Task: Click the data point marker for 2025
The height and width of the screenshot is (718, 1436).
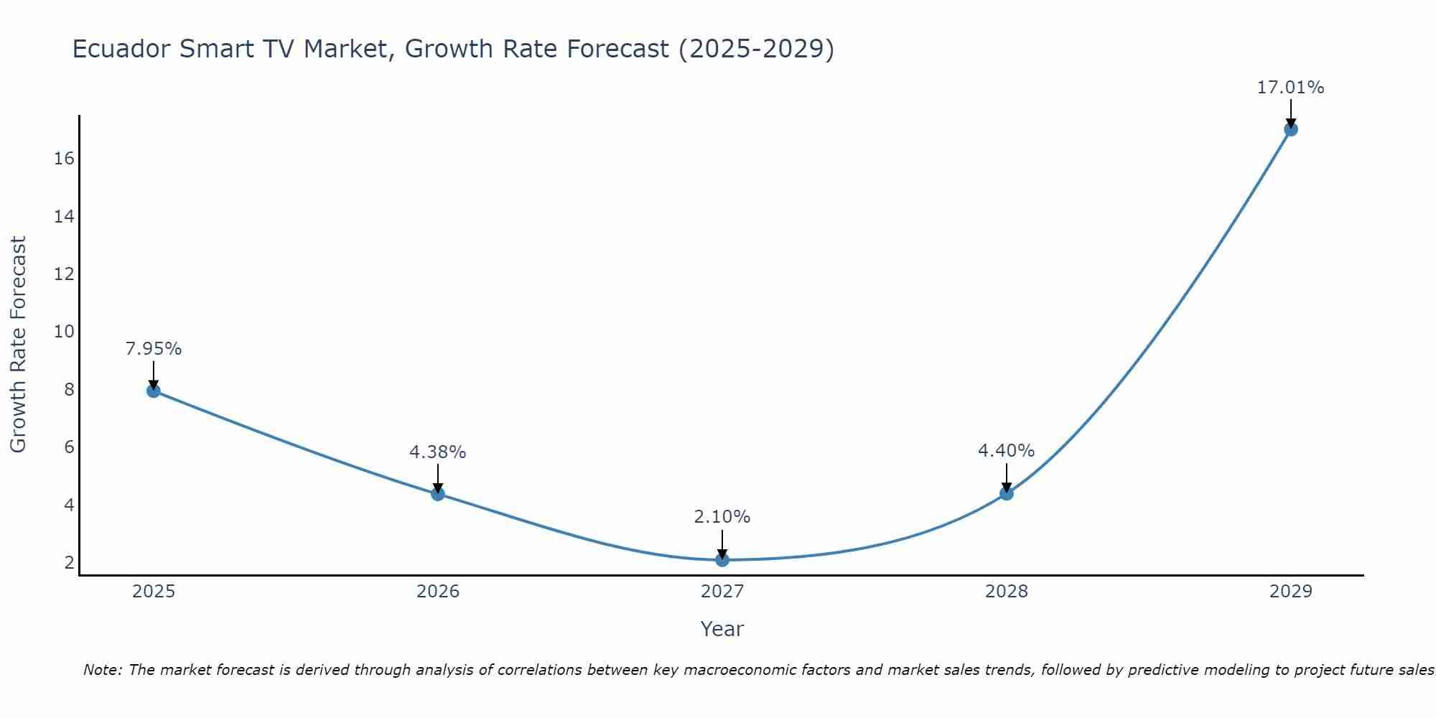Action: [x=153, y=391]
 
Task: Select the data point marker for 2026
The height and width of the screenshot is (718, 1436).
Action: [x=437, y=493]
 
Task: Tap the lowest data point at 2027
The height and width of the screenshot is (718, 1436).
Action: [x=722, y=559]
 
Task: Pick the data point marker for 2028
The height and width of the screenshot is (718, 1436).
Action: [x=1006, y=493]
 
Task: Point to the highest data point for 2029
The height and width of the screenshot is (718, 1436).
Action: [x=1290, y=129]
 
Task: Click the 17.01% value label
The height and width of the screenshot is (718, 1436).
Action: [x=1290, y=88]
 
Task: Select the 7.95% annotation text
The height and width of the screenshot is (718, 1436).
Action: [x=153, y=349]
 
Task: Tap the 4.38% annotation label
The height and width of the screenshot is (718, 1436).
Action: [x=437, y=452]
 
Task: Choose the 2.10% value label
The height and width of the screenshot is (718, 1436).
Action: [x=722, y=517]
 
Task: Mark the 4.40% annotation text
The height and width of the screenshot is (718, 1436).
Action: [x=1006, y=451]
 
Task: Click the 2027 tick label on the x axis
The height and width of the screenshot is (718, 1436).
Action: [x=722, y=592]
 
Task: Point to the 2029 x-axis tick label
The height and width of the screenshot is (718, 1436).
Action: [x=1290, y=592]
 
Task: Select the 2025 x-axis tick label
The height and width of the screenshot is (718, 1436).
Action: [x=153, y=592]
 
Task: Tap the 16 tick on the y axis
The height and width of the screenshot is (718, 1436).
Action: [x=64, y=159]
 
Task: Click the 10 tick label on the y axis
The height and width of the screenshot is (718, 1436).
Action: [x=64, y=332]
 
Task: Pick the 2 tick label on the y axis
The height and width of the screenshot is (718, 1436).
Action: [x=69, y=562]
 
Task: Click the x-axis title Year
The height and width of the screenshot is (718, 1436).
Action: [x=722, y=629]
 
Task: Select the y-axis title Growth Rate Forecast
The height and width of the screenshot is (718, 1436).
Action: [x=18, y=344]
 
